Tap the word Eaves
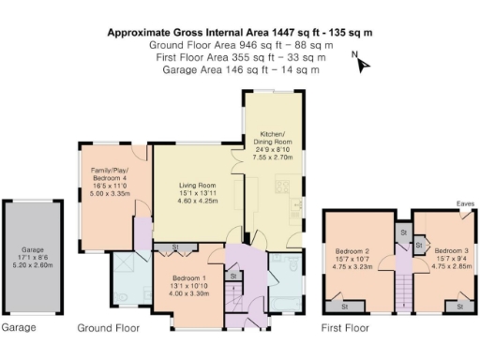pos(465,203)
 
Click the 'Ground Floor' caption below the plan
pos(108,328)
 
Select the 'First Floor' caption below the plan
pos(346,328)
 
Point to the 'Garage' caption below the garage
pos(18,328)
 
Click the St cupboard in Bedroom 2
pos(344,306)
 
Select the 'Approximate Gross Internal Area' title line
pos(240,32)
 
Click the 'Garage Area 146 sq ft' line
pos(240,69)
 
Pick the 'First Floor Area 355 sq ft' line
pos(240,57)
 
